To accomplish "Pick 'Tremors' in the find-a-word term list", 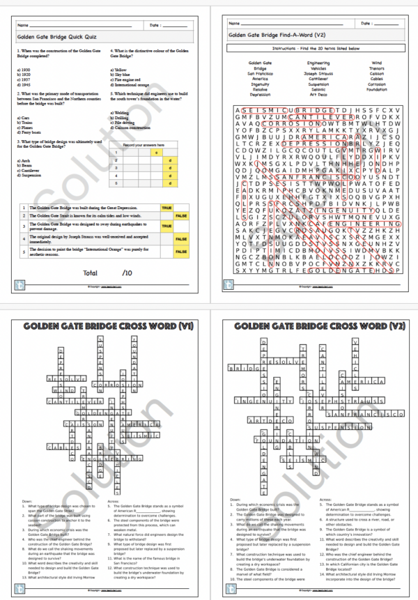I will pos(377,68).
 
